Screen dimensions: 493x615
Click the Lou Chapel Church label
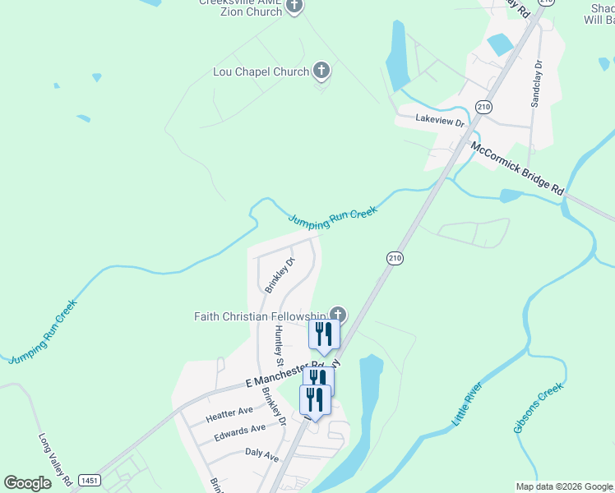[260, 72]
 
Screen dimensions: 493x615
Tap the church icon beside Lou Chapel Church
[321, 71]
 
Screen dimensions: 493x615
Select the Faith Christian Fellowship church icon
[337, 314]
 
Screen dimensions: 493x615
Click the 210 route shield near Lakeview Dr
[483, 108]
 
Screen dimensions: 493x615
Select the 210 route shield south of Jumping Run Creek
[395, 258]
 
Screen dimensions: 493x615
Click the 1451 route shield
[88, 479]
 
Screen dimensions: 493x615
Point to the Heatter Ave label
[231, 411]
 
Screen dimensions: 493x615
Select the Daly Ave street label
[262, 454]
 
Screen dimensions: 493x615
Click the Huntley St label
[279, 346]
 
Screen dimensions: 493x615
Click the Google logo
[28, 483]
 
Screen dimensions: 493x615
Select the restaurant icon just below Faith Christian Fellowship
[324, 334]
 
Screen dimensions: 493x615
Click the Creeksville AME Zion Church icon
[294, 7]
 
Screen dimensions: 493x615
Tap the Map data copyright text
[563, 486]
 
